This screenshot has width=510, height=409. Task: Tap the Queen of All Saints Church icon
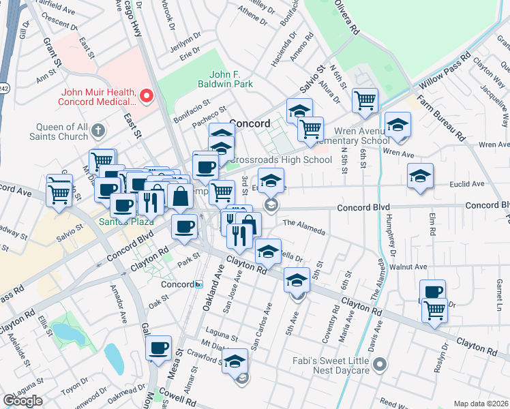pyautogui.click(x=99, y=130)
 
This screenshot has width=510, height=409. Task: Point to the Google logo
pyautogui.click(x=22, y=401)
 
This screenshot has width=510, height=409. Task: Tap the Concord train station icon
pyautogui.click(x=198, y=284)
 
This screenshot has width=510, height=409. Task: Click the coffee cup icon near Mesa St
pyautogui.click(x=160, y=348)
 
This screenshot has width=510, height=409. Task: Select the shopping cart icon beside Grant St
pyautogui.click(x=59, y=192)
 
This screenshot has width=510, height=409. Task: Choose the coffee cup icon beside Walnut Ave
pyautogui.click(x=432, y=291)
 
